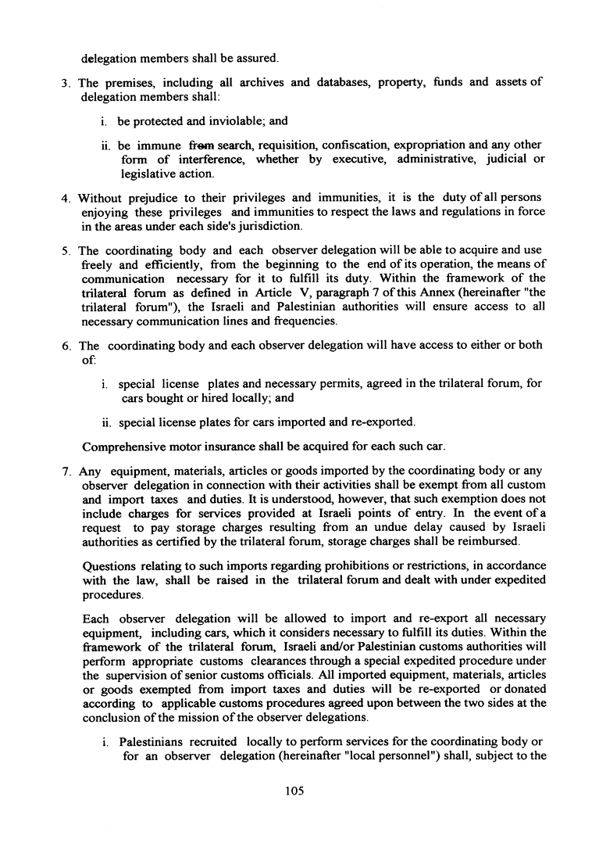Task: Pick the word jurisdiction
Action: (x=270, y=226)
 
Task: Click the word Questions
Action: (x=109, y=565)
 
